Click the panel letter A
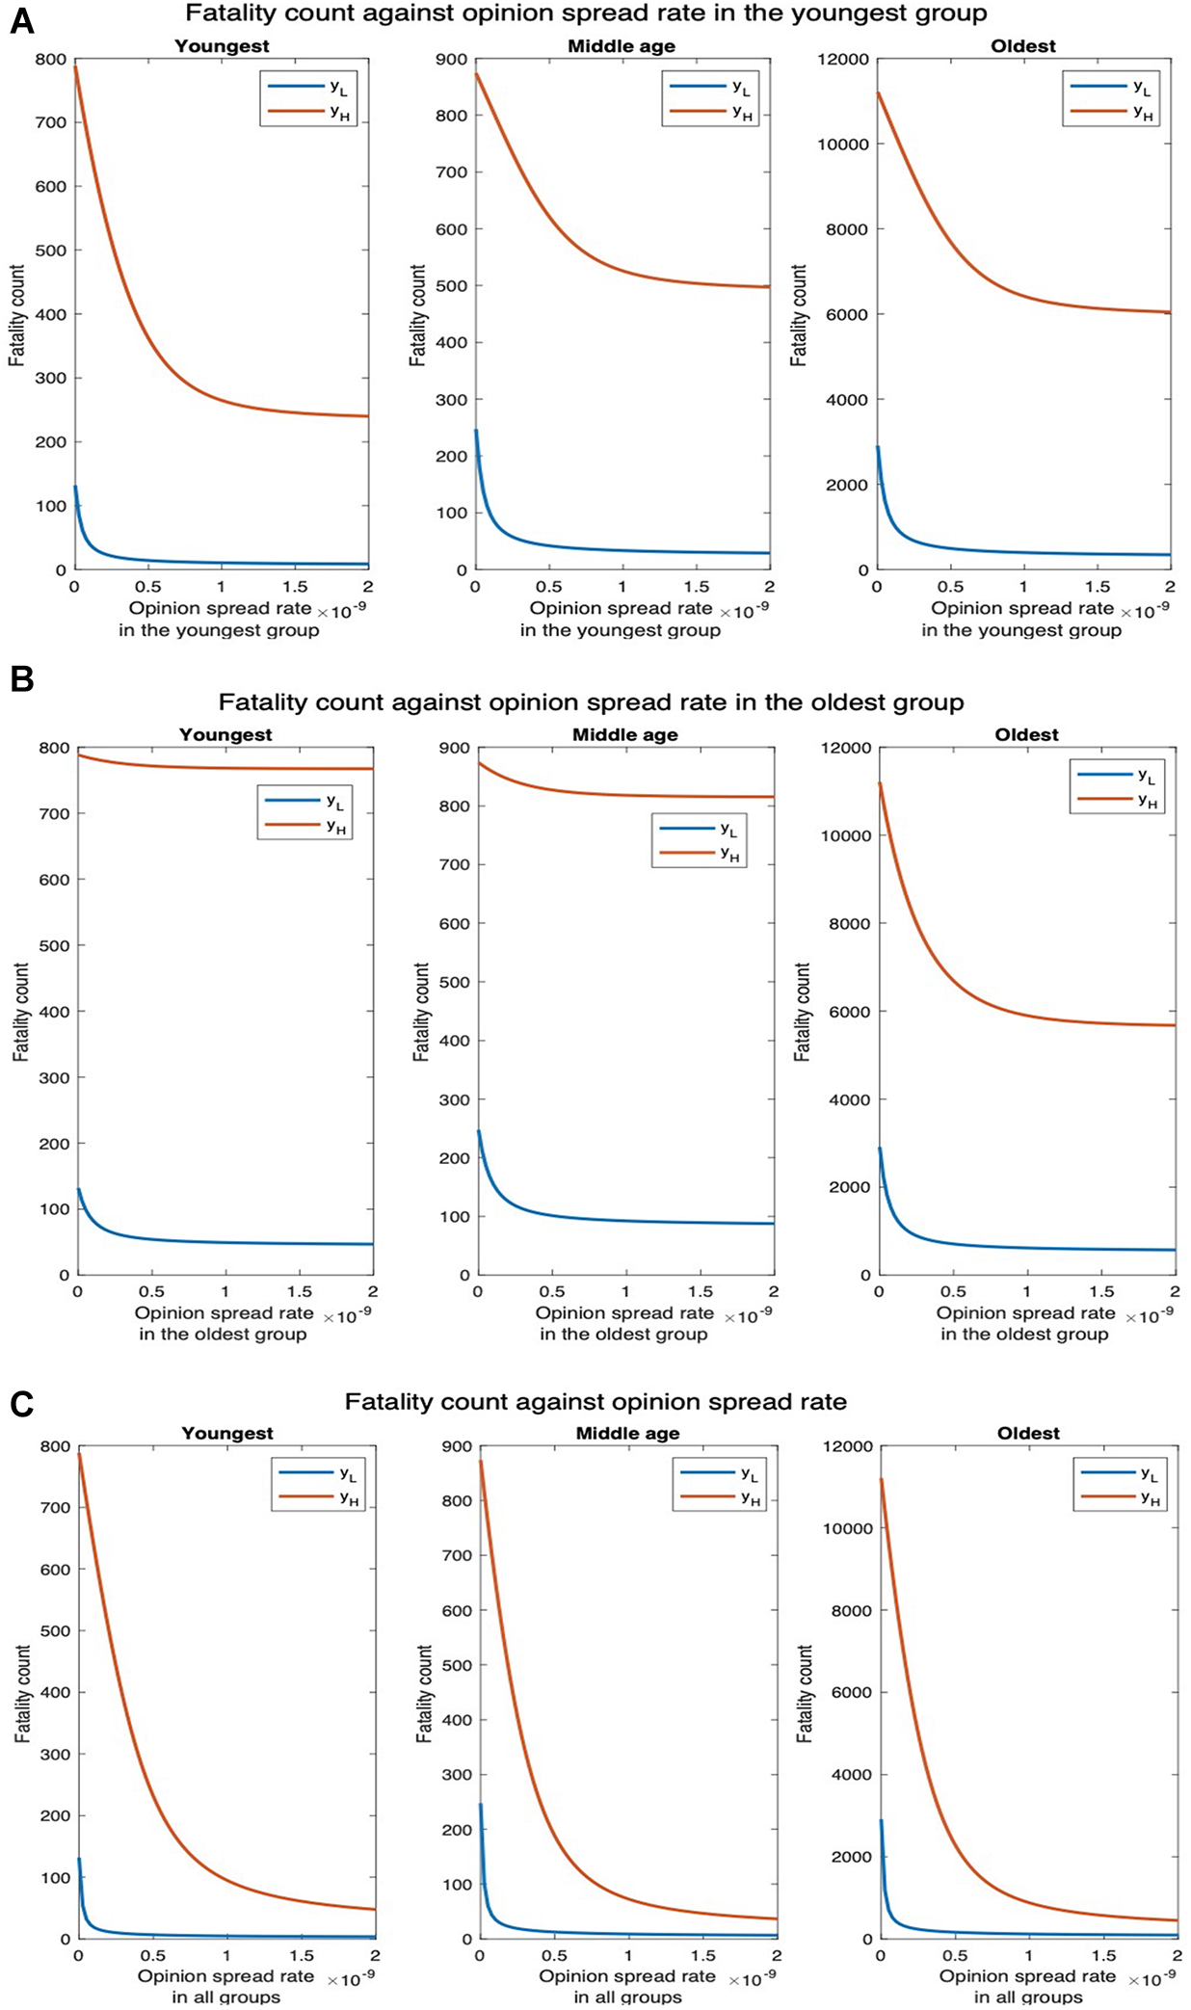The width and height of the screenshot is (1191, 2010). coord(21,20)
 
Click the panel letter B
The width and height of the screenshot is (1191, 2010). coord(21,678)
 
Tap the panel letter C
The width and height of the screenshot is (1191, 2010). coord(21,1405)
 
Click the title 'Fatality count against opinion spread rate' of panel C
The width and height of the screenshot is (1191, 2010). coord(595,1402)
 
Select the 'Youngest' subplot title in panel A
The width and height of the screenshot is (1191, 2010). coord(222,46)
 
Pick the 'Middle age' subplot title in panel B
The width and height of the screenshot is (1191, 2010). coord(624,735)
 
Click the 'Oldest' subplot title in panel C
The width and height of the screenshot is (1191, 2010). coord(1028,1434)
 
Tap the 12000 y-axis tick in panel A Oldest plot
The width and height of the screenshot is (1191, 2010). coord(844,60)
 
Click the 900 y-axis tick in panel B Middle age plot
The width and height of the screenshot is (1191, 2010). coord(454,749)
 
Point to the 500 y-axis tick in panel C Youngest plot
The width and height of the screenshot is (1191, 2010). coord(55,1631)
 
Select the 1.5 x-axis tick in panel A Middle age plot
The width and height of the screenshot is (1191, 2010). coord(696,587)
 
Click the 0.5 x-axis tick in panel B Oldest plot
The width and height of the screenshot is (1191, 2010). coord(952,1292)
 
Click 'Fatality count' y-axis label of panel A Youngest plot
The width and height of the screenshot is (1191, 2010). coord(16,315)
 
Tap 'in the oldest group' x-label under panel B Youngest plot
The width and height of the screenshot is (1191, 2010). coord(223,1335)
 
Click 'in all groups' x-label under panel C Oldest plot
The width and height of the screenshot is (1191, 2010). coord(1027,1997)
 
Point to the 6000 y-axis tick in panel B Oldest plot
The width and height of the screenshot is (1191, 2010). coord(849,1013)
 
